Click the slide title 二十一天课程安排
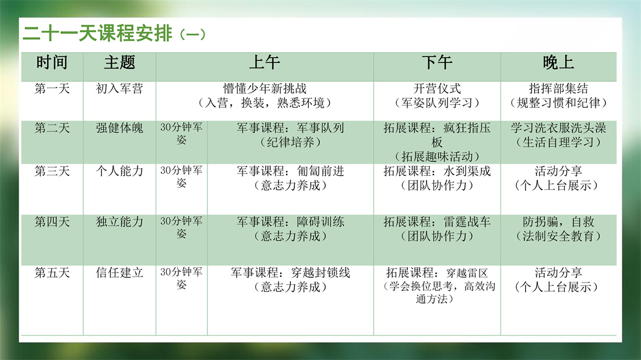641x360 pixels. [x=97, y=33]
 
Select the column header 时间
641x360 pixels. [x=52, y=63]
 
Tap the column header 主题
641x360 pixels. [x=119, y=63]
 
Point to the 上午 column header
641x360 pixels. [x=265, y=63]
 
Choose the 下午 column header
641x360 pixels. [x=437, y=63]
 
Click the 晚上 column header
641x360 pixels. [x=558, y=63]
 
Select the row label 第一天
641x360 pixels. [x=52, y=89]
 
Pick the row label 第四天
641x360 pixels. [x=52, y=222]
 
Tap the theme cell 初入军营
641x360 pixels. [x=119, y=89]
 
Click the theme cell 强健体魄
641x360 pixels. [x=119, y=128]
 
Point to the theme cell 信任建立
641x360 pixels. [x=119, y=273]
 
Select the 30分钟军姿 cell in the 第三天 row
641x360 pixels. [x=181, y=177]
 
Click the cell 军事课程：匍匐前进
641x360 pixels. [x=290, y=171]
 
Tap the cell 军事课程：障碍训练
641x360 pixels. [x=290, y=222]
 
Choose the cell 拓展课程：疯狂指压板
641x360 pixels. [x=437, y=135]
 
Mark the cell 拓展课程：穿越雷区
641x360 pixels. [x=437, y=273]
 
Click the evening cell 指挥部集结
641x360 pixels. [x=558, y=89]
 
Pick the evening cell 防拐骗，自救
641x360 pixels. [x=558, y=222]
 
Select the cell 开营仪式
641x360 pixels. [x=437, y=89]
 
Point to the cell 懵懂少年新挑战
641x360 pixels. [x=265, y=89]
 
